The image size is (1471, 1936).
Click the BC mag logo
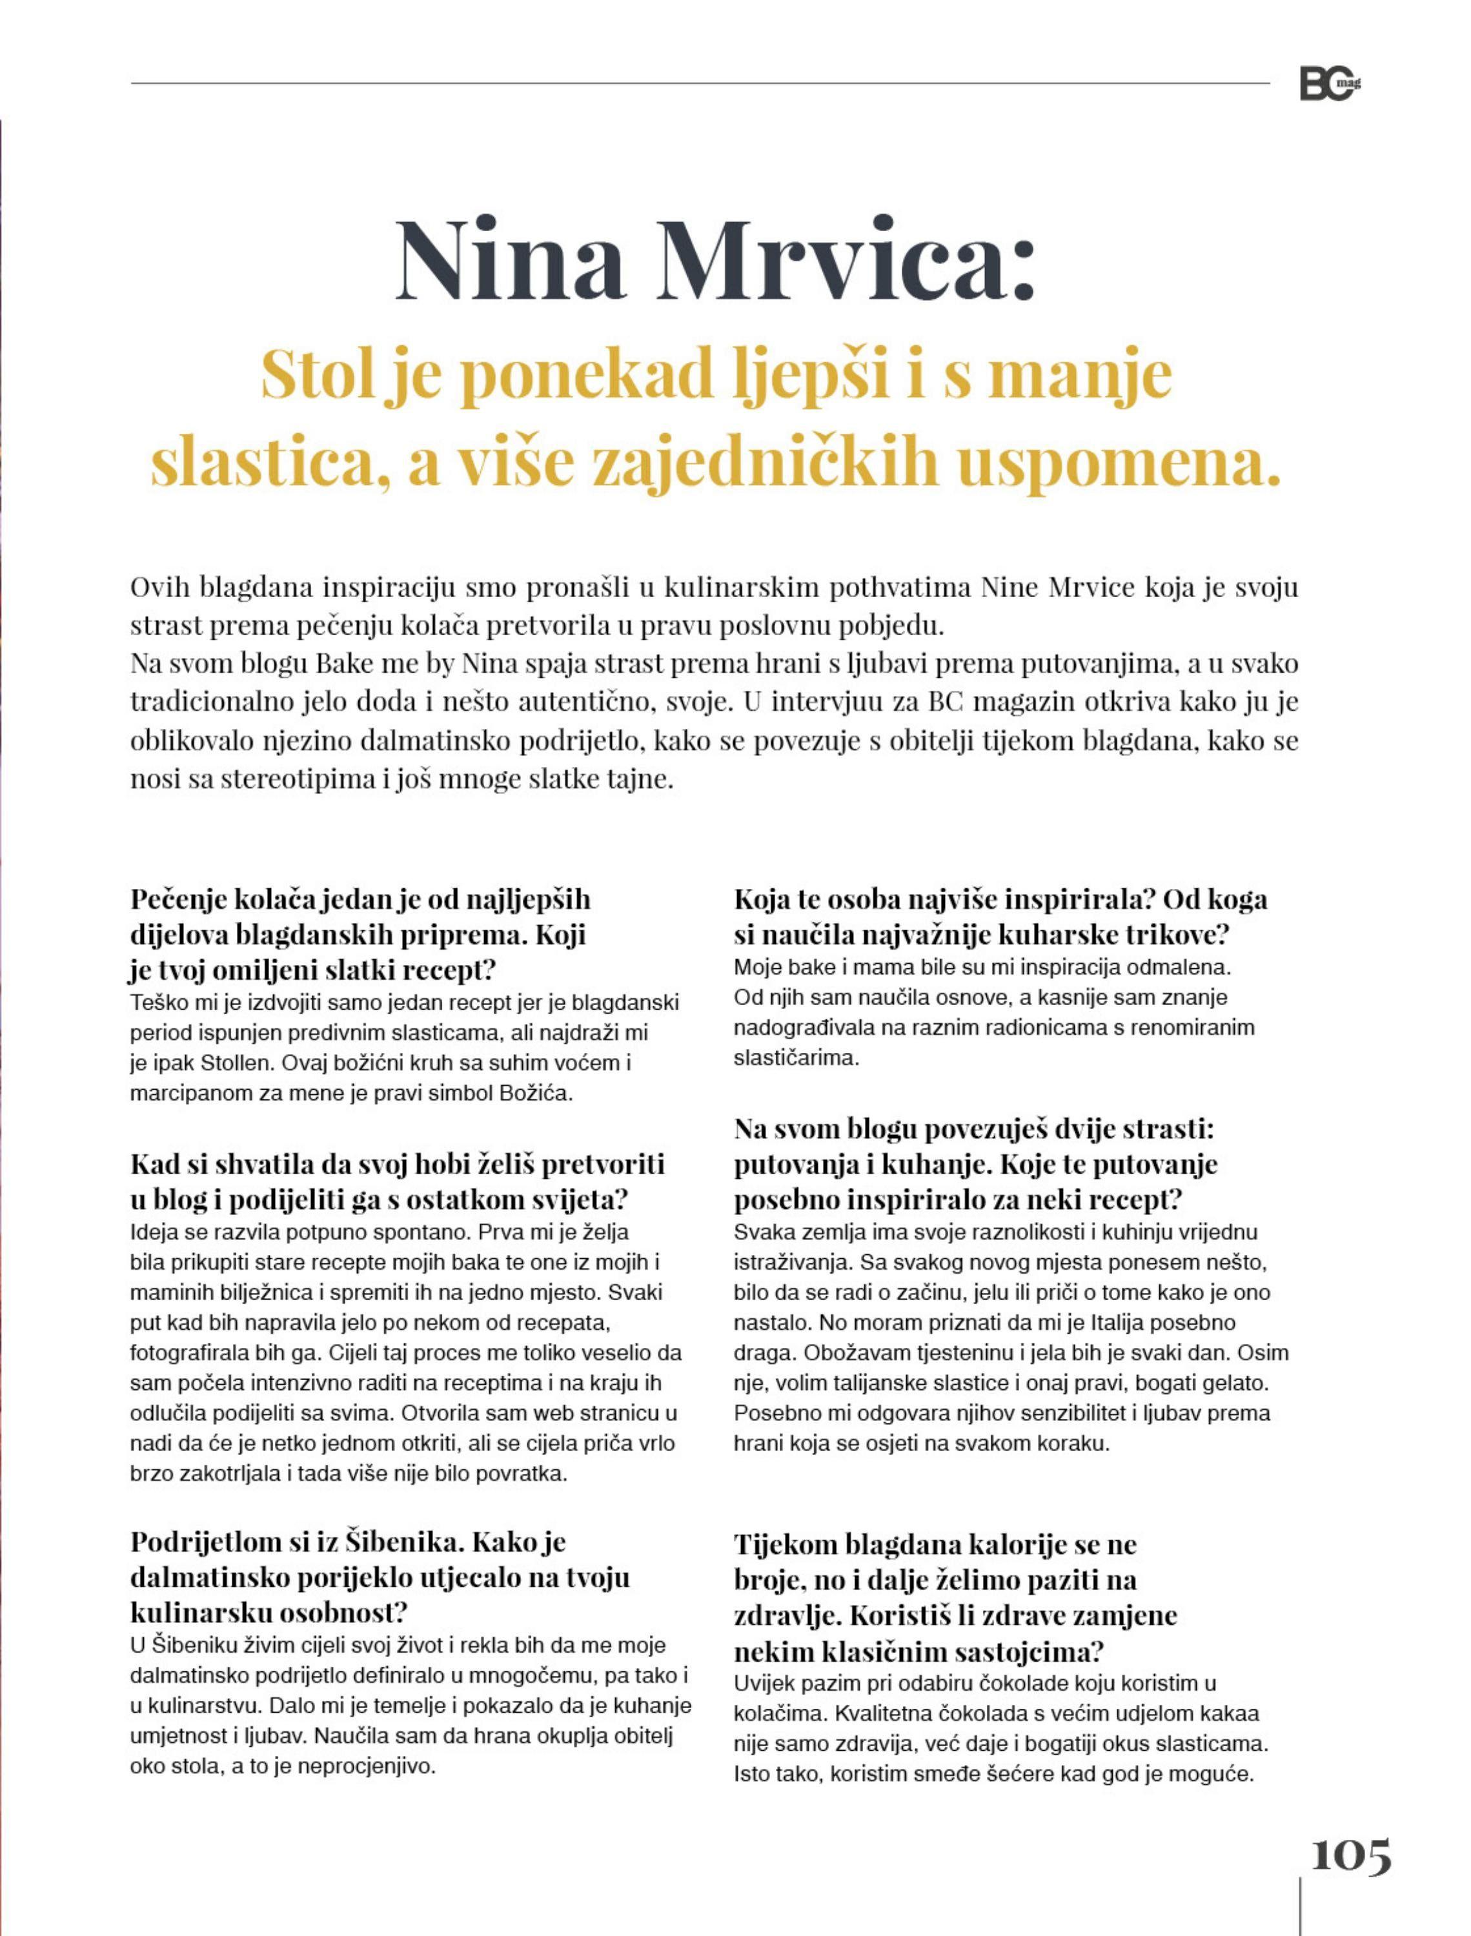(1329, 85)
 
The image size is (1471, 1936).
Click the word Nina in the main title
(509, 260)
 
